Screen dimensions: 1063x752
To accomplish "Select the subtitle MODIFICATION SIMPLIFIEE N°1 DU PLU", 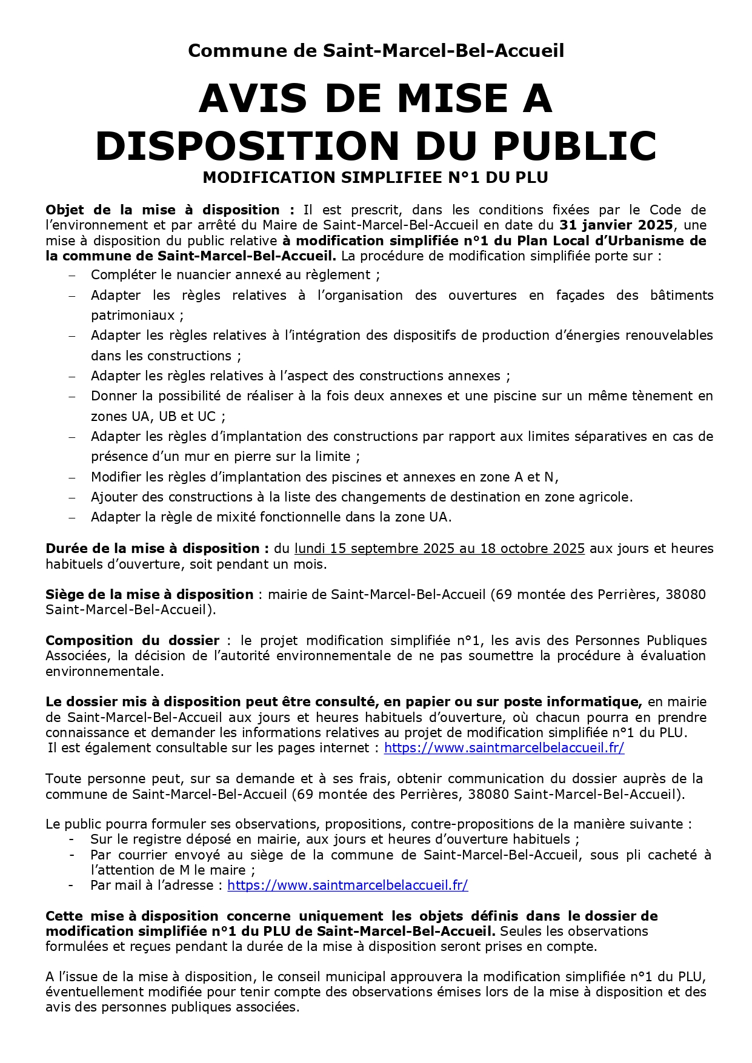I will click(x=375, y=177).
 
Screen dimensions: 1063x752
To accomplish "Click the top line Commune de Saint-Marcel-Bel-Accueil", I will click(x=376, y=50).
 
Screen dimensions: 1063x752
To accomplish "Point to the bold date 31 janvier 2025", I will click(x=616, y=225).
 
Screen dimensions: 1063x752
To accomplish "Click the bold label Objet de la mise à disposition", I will click(x=162, y=210).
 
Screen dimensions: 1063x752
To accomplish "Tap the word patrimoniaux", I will click(x=133, y=316).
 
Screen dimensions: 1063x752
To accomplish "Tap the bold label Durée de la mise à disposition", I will click(x=157, y=549).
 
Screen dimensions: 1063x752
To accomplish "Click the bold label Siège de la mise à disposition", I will click(x=149, y=595).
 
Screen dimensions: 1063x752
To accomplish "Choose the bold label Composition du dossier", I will click(x=132, y=641).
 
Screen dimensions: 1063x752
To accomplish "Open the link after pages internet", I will click(x=504, y=748).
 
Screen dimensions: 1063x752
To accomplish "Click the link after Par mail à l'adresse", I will click(x=347, y=886).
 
